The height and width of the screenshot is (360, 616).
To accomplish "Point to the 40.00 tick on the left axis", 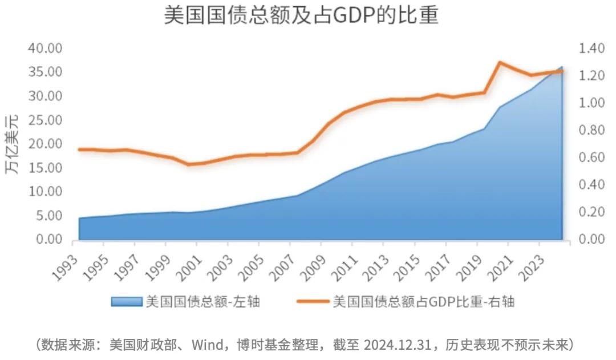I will click(x=44, y=48).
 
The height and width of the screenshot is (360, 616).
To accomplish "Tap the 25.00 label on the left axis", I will click(x=44, y=120).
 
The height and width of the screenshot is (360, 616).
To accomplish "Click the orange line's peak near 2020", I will click(x=500, y=63).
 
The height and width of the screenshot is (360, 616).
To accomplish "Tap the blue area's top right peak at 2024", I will click(x=561, y=67).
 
